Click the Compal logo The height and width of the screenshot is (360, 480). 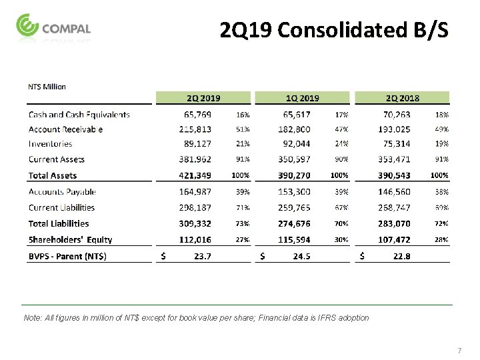53,29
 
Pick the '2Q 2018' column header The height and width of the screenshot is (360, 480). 402,98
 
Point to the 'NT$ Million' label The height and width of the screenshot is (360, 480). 47,86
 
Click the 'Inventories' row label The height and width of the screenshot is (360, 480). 50,143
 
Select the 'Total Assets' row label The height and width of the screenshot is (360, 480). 53,175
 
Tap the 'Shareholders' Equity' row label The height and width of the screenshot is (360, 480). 70,239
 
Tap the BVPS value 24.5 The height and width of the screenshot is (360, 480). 307,255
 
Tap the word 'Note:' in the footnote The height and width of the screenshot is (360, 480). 31,318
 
